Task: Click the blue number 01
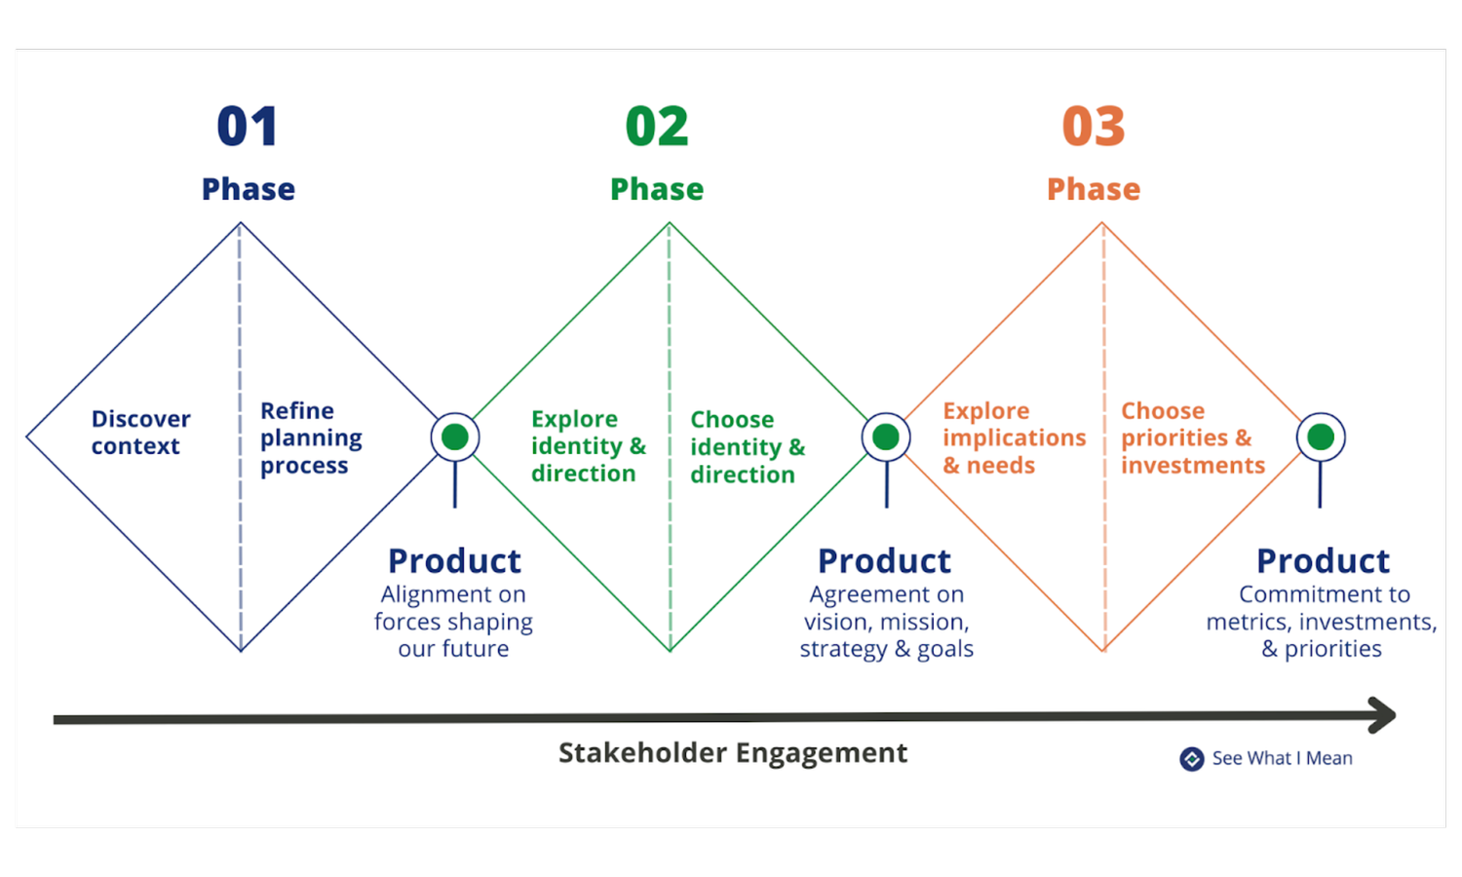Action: [248, 127]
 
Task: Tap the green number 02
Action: [657, 127]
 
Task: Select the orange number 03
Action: [1094, 127]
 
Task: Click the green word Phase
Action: [657, 189]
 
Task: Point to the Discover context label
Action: [140, 433]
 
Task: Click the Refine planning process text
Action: [310, 438]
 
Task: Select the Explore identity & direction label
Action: [588, 446]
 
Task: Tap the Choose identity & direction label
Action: [748, 447]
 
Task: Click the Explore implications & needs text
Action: [1014, 438]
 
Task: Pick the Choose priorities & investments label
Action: [1192, 438]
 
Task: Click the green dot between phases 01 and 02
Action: [455, 438]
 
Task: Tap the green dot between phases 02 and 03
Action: [886, 438]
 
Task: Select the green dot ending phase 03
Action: [1321, 438]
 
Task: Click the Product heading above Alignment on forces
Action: [454, 561]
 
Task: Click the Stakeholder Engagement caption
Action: [732, 753]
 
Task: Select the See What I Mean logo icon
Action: [1191, 759]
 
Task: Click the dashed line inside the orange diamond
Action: [1103, 546]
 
